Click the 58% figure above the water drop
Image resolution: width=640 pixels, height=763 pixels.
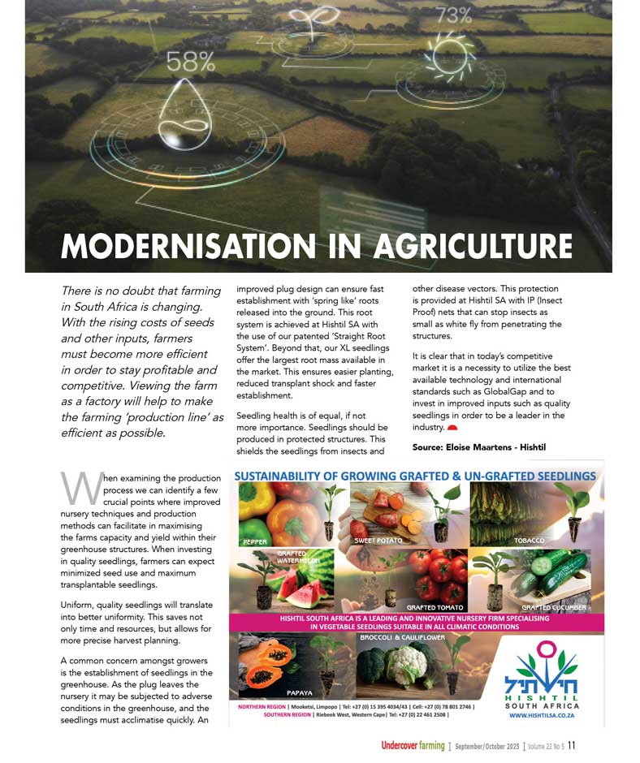coord(191,62)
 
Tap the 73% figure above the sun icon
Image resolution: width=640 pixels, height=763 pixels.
coord(453,15)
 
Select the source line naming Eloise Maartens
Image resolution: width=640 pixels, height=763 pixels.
coord(479,447)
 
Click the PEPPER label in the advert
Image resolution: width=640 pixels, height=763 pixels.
coord(255,541)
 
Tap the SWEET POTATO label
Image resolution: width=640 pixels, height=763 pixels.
coord(378,541)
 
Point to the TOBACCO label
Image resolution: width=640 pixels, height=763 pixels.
coord(529,541)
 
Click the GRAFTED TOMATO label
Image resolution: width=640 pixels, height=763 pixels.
coord(435,606)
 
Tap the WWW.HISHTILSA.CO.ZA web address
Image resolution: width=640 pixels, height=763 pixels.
coord(543,717)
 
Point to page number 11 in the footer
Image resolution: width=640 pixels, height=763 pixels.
coord(572,745)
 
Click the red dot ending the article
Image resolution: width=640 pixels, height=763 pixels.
coord(452,427)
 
